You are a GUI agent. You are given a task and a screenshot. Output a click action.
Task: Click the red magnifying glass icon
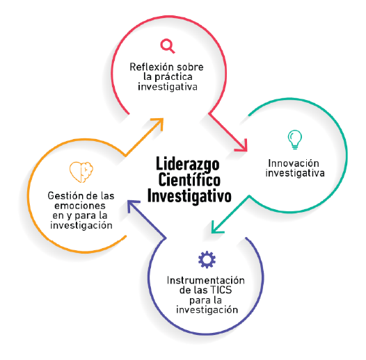[168, 46]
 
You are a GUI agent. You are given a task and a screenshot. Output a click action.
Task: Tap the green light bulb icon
[294, 140]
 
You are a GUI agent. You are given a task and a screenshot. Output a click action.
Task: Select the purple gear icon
[207, 259]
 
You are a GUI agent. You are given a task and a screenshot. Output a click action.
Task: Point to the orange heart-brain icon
[81, 172]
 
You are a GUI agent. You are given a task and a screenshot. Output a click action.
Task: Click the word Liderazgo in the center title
[188, 164]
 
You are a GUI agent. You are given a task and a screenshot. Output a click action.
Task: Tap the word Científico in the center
[189, 179]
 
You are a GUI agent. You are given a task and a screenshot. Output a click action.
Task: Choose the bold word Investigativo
[189, 196]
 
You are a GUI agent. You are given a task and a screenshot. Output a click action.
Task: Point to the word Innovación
[294, 163]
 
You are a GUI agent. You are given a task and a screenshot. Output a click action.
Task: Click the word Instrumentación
[206, 280]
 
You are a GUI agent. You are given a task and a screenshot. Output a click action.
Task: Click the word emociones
[80, 206]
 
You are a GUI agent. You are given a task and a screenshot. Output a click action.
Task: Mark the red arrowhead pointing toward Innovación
[243, 147]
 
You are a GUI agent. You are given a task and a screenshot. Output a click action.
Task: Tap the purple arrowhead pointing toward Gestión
[132, 205]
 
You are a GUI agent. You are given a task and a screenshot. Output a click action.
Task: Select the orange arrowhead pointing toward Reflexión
[159, 123]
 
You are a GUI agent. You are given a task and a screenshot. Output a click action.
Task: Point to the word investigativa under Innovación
[295, 173]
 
